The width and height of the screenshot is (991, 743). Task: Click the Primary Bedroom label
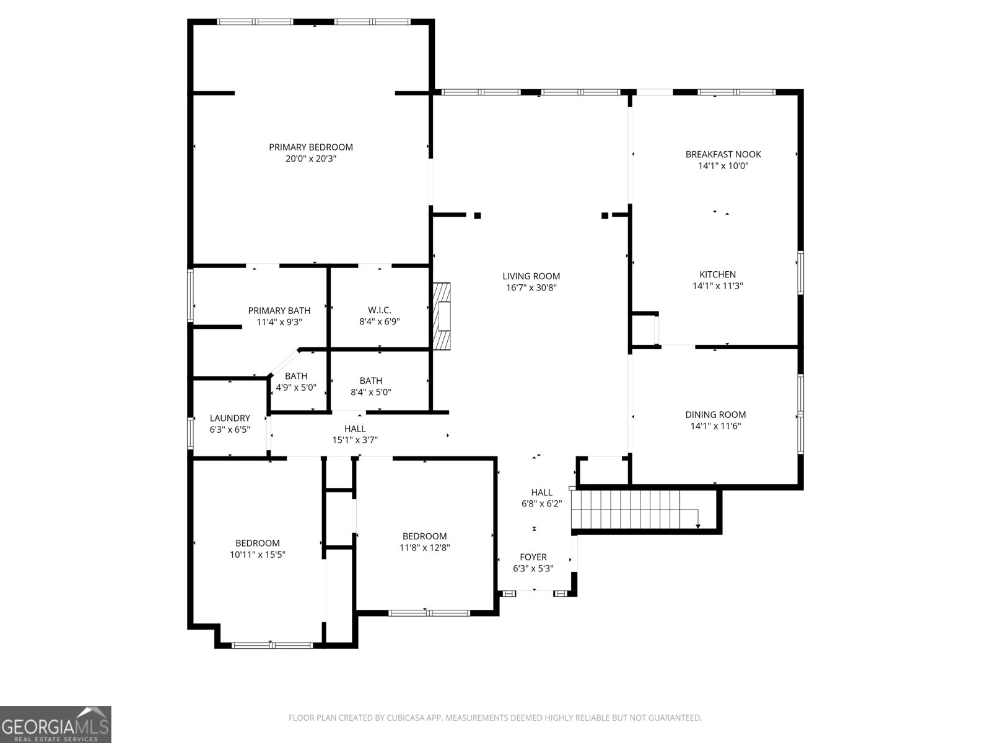(x=310, y=147)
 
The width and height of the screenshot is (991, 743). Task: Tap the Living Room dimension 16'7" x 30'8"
(x=531, y=287)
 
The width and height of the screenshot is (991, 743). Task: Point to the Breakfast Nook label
(x=723, y=154)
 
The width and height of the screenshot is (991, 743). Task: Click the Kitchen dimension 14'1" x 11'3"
(x=717, y=286)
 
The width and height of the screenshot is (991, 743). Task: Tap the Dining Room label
(x=715, y=415)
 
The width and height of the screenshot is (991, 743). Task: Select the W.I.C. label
(x=379, y=310)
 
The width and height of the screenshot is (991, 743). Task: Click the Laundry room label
(x=230, y=418)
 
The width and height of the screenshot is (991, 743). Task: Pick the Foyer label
(x=533, y=557)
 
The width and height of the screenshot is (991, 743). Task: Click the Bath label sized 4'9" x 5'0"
(x=296, y=376)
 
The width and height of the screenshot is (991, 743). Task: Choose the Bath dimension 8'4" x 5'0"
(x=370, y=392)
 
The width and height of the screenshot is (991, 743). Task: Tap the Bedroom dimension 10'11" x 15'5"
(x=257, y=555)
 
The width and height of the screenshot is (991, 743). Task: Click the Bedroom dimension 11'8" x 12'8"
(x=424, y=547)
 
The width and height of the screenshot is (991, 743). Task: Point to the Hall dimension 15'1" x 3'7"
(x=355, y=440)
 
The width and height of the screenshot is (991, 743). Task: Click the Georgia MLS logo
(x=56, y=724)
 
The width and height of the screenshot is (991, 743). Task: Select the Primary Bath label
(x=279, y=310)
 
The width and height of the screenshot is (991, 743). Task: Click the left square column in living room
(x=478, y=215)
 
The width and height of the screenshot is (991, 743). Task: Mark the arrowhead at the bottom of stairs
(x=698, y=526)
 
